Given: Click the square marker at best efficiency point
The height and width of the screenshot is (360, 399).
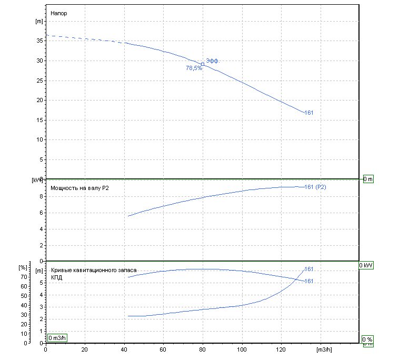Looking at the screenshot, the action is click(x=203, y=64).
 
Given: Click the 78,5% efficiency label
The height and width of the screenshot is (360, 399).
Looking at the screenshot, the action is click(x=194, y=68).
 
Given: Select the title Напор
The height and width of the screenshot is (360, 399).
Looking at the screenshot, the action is click(x=59, y=13).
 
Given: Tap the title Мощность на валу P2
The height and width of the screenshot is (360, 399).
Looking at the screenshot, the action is click(x=79, y=188).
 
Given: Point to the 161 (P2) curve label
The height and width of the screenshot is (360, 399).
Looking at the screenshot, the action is click(x=315, y=187).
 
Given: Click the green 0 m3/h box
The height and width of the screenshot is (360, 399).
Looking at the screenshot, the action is click(x=57, y=338).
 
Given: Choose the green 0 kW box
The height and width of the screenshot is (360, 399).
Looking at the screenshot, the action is click(x=366, y=265).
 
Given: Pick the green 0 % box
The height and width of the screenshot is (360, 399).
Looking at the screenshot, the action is click(x=367, y=339).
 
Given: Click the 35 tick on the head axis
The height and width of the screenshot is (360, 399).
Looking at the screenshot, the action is click(x=39, y=41).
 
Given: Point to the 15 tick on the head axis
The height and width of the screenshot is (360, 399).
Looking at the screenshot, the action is click(x=39, y=120).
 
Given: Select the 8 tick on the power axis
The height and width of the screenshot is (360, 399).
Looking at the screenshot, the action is click(x=41, y=196).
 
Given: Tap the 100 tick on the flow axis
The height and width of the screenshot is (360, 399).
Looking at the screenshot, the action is click(x=242, y=349).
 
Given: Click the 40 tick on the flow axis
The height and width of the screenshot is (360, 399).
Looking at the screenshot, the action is click(x=124, y=349).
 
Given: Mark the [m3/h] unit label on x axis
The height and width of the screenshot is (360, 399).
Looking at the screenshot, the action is click(x=324, y=350).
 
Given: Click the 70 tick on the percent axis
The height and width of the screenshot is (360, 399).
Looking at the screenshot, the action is click(x=24, y=277).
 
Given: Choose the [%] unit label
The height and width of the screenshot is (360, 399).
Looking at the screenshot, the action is click(x=23, y=268).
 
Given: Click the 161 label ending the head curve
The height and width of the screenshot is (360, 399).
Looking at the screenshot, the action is click(x=309, y=113).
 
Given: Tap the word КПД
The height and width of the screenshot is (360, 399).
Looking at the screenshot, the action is click(x=56, y=277).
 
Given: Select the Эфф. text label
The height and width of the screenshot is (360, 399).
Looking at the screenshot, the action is click(x=213, y=61).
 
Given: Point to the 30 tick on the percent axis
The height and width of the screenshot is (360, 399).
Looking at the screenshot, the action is click(x=24, y=315).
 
